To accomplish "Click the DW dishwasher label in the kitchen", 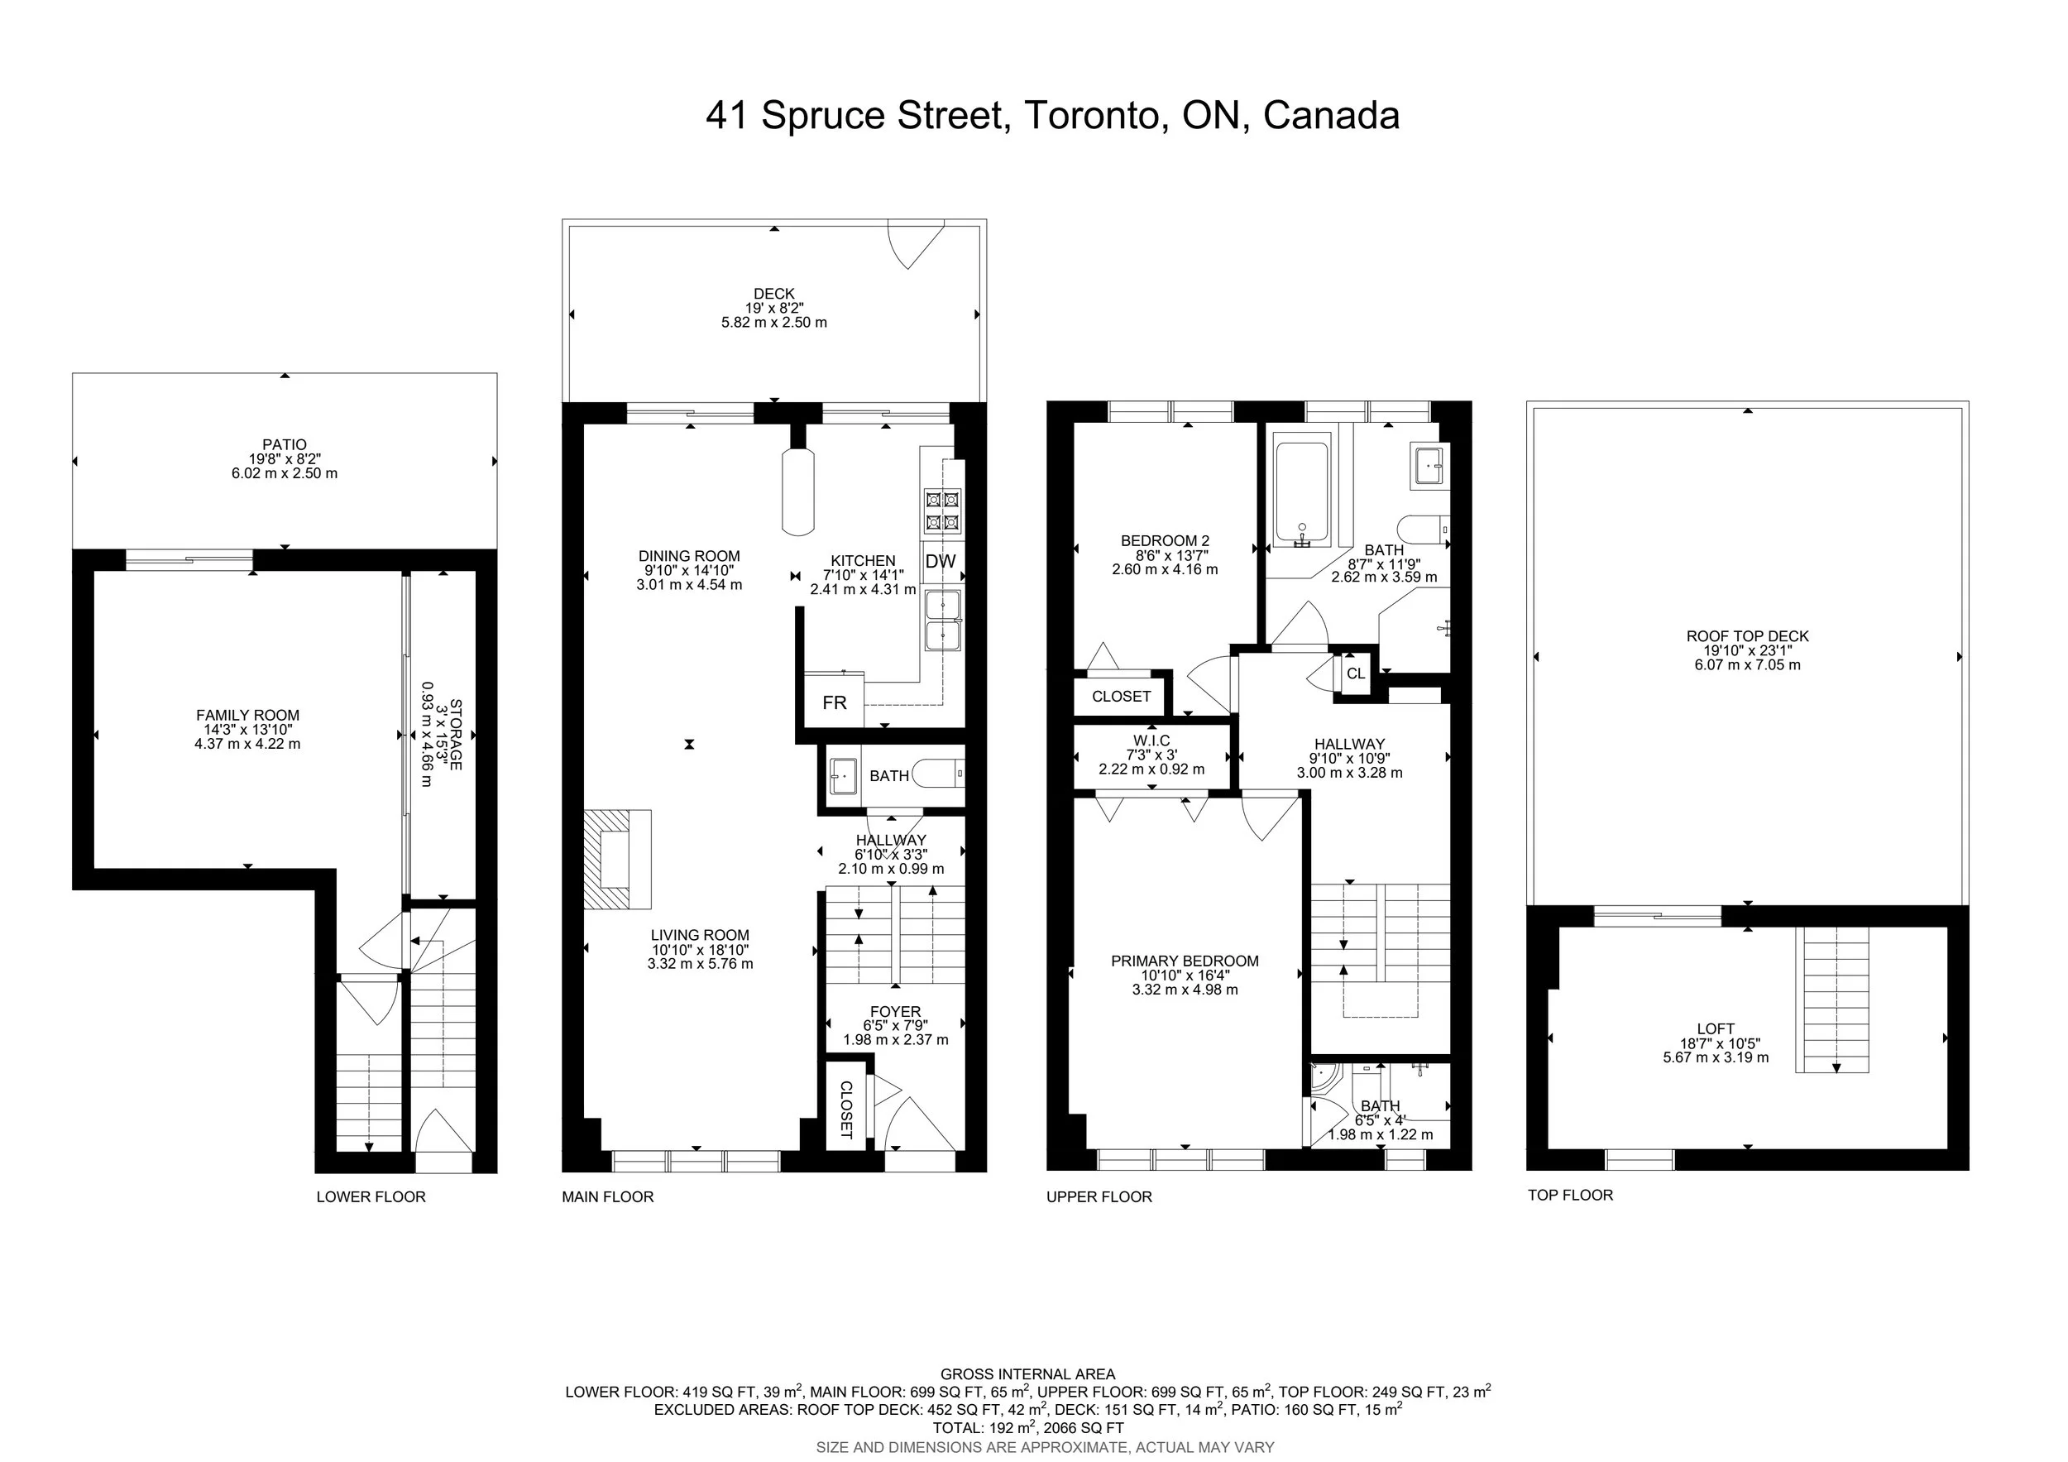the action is (941, 561).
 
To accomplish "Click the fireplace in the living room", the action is (618, 860).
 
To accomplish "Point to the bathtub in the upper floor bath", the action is (1301, 495).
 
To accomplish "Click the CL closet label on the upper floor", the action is (1356, 673).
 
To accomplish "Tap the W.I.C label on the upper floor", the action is (1152, 741).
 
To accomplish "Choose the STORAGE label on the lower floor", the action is (456, 734).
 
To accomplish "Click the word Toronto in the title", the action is (1092, 115).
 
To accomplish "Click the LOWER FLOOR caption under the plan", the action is (371, 1196).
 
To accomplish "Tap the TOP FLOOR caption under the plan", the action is (1571, 1195).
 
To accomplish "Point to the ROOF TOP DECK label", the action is (1747, 636).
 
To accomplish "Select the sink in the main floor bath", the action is (844, 774).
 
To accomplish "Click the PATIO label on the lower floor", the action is (285, 444).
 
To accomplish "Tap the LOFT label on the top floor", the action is (1716, 1028).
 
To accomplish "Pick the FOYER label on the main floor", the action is (895, 1012).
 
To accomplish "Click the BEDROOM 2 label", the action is (1165, 540).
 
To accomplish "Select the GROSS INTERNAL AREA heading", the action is (1027, 1373).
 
